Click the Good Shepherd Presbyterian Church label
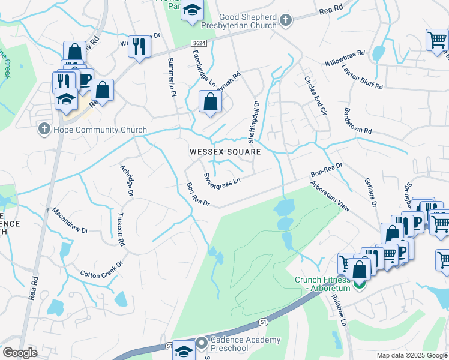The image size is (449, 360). pyautogui.click(x=247, y=22)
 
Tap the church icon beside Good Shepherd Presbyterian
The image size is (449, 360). pyautogui.click(x=286, y=21)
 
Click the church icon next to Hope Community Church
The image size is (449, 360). pyautogui.click(x=43, y=129)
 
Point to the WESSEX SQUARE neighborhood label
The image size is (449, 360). pyautogui.click(x=225, y=152)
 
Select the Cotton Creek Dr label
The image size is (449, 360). pyautogui.click(x=101, y=269)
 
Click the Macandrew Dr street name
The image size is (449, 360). pyautogui.click(x=70, y=221)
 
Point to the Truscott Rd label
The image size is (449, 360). pyautogui.click(x=120, y=230)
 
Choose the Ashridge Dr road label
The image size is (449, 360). pyautogui.click(x=126, y=181)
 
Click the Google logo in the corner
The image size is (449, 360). pyautogui.click(x=19, y=353)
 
